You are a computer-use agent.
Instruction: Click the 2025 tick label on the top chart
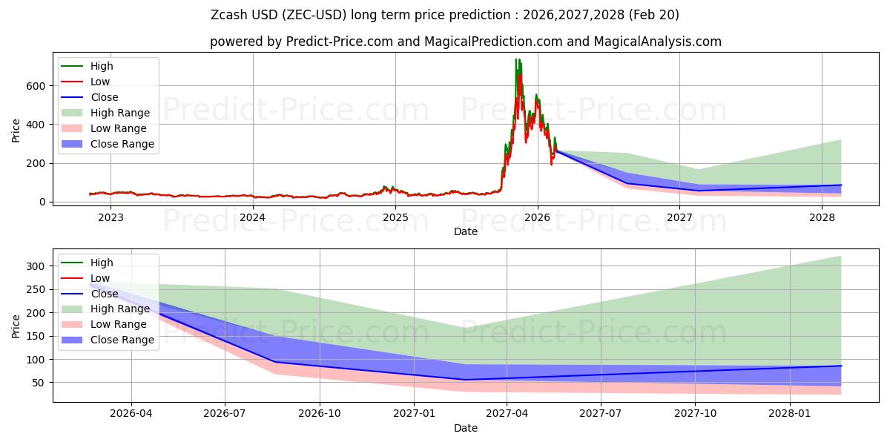coord(395,217)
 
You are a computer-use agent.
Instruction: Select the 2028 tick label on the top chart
coord(822,217)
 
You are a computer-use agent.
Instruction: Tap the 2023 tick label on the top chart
coord(111,217)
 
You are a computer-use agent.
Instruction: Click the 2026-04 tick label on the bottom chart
coord(131,414)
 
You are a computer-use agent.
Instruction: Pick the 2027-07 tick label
coord(601,414)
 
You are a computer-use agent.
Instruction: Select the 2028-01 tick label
coord(791,414)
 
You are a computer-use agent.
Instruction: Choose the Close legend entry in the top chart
coord(105,97)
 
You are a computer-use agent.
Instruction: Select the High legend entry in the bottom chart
coord(102,263)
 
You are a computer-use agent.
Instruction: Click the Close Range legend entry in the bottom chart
coord(122,340)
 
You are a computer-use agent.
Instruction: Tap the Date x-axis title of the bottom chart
coord(466,428)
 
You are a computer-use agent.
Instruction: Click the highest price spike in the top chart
coord(517,59)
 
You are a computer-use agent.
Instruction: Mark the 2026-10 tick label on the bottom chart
coord(320,414)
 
